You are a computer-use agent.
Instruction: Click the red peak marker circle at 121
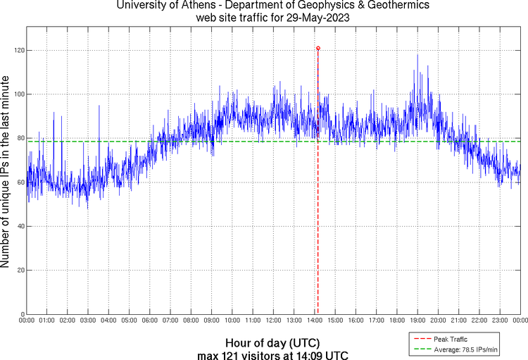318,49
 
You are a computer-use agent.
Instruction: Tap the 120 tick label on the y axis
17,51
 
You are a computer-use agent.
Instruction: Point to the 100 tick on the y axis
17,94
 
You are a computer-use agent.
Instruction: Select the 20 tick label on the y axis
19,271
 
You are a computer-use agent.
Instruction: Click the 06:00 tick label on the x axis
149,321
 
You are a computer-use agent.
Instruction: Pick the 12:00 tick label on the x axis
273,321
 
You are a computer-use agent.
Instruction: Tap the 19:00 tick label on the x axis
417,321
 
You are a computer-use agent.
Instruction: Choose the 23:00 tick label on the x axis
500,321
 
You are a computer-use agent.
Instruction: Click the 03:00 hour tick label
88,321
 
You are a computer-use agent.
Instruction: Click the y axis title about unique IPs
6,173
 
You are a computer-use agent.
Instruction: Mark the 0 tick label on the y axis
21,314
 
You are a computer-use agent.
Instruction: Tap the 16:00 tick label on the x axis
356,321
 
